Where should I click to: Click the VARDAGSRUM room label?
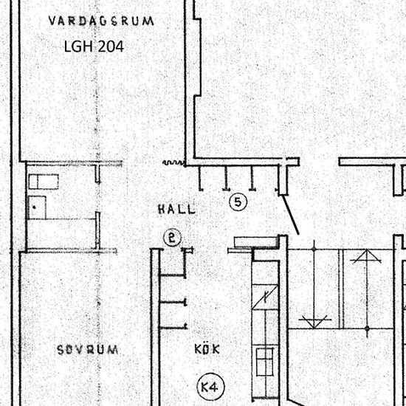tap(101, 21)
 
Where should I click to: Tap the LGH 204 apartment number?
tap(94, 47)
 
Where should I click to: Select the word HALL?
tap(176, 209)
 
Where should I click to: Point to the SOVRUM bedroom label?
tap(88, 350)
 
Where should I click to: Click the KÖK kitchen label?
tap(207, 349)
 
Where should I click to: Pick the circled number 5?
tap(238, 202)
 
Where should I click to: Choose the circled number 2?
tap(173, 238)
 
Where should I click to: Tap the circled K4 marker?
tap(211, 388)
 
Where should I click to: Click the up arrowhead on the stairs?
tap(366, 256)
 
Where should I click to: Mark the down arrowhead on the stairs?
tap(314, 322)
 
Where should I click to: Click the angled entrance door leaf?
tap(291, 215)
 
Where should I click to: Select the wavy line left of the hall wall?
tap(173, 162)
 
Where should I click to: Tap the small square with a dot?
tap(37, 207)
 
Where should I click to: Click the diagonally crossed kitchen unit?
tap(265, 297)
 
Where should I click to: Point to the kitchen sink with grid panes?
tap(264, 362)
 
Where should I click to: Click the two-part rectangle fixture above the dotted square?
tap(44, 182)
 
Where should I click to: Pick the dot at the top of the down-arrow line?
tap(314, 250)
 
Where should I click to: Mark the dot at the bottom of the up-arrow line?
tap(367, 328)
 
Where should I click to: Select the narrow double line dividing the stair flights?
tap(341, 289)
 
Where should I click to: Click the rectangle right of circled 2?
tap(255, 242)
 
